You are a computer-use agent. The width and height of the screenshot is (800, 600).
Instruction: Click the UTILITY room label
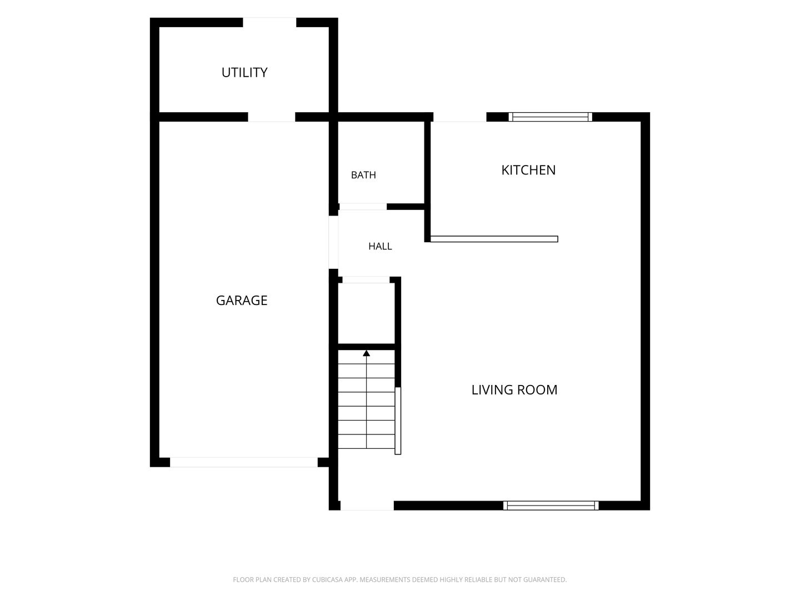click(244, 72)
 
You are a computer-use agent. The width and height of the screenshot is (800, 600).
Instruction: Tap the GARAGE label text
click(242, 301)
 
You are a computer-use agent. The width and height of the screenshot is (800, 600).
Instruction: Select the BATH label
click(363, 175)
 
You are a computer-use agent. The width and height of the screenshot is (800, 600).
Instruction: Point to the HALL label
click(380, 246)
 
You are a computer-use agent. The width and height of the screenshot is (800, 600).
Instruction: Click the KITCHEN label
click(528, 170)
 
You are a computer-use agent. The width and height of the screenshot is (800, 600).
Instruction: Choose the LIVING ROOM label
click(514, 390)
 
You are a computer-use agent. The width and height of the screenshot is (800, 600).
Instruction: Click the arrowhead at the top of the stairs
click(366, 353)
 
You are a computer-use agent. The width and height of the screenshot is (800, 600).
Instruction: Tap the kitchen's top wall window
click(551, 117)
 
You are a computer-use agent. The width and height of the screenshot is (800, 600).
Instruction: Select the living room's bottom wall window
click(551, 506)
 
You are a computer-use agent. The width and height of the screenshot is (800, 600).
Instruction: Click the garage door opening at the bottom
click(244, 462)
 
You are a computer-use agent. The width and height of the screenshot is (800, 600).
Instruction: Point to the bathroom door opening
click(363, 207)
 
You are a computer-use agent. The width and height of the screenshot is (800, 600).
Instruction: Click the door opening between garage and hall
click(333, 242)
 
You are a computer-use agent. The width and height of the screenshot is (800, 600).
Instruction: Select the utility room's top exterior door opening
click(269, 22)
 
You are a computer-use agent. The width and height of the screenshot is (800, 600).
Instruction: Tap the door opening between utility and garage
click(272, 117)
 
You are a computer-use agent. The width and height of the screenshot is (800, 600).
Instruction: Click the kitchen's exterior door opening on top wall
click(460, 117)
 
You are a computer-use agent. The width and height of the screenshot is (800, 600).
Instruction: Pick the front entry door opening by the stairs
click(367, 506)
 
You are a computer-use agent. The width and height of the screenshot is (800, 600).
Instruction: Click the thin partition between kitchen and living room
click(494, 239)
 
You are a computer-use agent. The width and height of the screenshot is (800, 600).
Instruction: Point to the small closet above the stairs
click(366, 313)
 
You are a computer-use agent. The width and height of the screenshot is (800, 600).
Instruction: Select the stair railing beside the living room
click(398, 421)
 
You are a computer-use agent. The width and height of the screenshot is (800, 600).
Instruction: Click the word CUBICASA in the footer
click(327, 579)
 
